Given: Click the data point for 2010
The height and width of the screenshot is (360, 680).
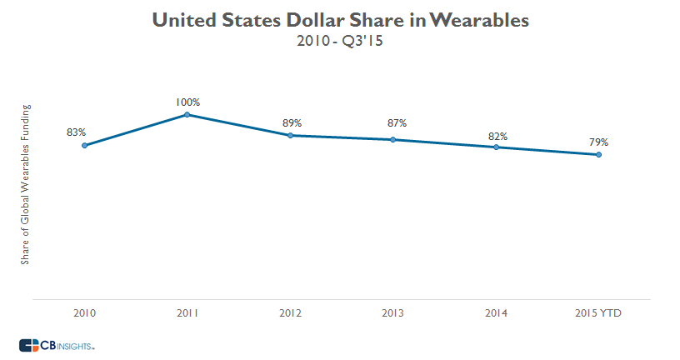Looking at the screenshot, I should (84, 145).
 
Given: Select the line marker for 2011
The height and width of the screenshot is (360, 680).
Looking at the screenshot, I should (187, 114).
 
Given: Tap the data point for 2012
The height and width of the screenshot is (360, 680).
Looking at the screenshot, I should (290, 135).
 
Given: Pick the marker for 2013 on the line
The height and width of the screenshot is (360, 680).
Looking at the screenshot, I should (393, 139).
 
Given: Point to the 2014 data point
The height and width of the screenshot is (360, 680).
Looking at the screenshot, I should (496, 147).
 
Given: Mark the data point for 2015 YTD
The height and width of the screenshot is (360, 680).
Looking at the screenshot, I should (598, 154).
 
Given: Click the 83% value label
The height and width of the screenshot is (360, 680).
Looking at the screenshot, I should (77, 132).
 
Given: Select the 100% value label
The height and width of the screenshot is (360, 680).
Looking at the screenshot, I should (187, 102).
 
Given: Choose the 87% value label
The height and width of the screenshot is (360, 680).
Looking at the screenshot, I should (397, 123).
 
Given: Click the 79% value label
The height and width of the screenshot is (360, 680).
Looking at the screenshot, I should (598, 141).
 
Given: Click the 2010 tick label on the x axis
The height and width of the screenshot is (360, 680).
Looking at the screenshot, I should (84, 313).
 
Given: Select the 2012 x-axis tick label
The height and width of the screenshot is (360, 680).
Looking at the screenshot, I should (290, 313).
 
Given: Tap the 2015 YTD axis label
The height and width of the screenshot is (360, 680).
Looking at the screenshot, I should (598, 313).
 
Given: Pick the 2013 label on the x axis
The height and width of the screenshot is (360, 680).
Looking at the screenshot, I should (393, 313).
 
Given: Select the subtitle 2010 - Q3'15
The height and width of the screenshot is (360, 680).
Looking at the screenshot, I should (339, 42).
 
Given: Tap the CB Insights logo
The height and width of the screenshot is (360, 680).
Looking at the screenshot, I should (57, 344).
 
